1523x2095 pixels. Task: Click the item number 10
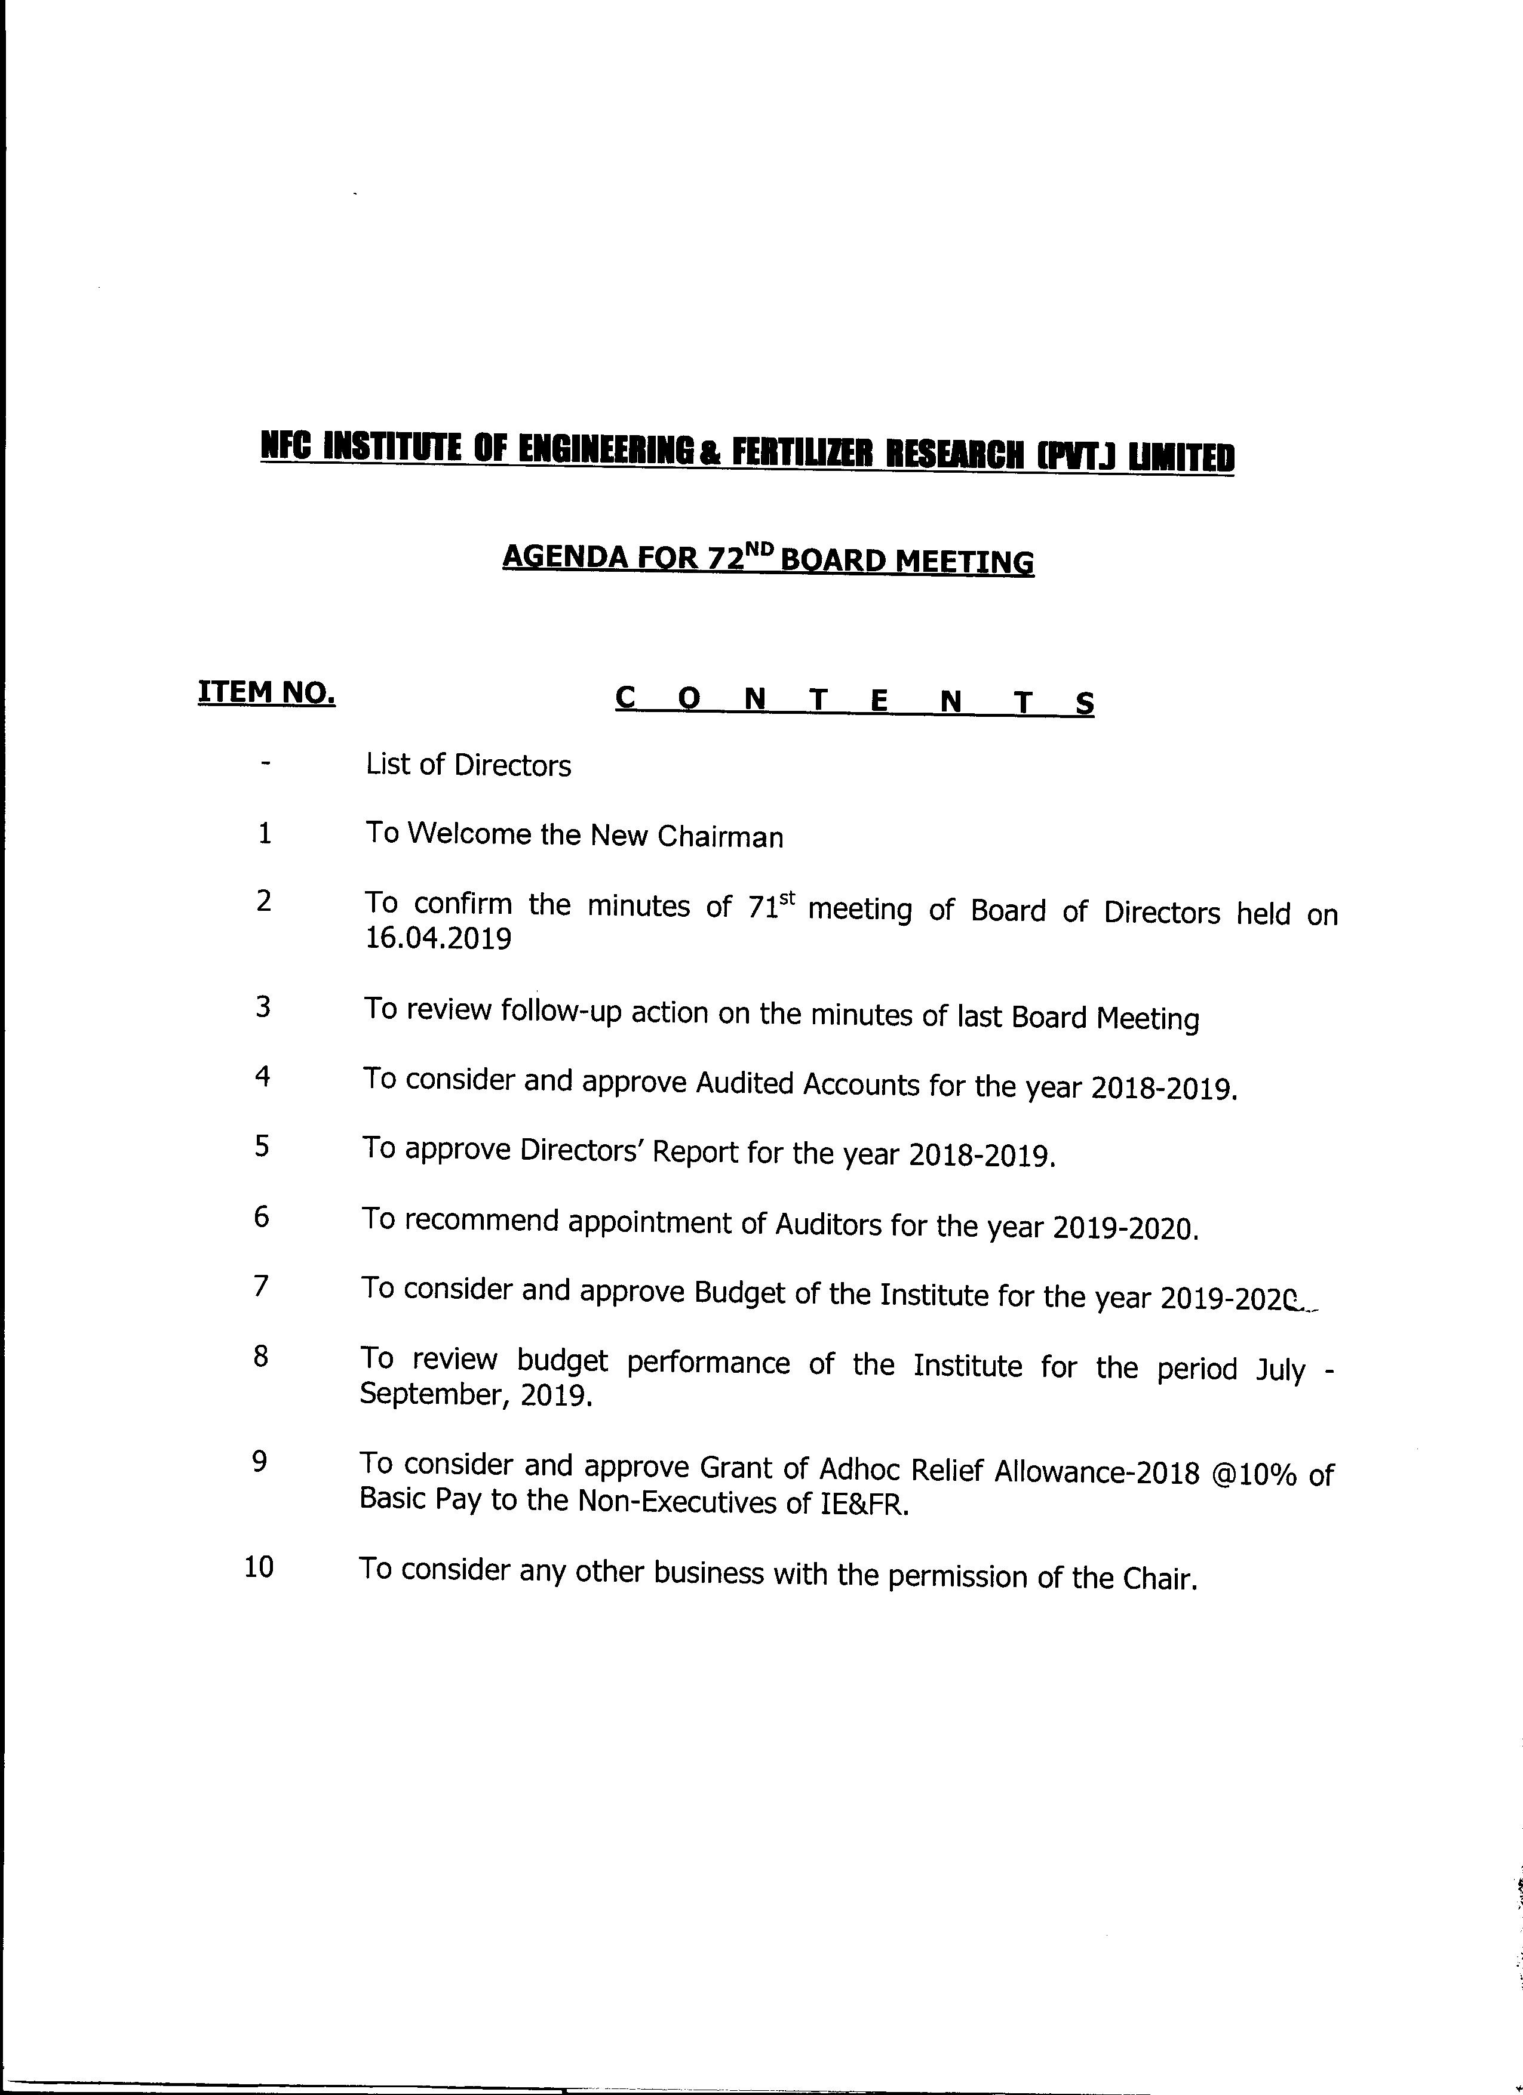pyautogui.click(x=259, y=1567)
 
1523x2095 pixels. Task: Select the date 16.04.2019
pyautogui.click(x=438, y=939)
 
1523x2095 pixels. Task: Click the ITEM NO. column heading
pyautogui.click(x=266, y=692)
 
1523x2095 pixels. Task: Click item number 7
pyautogui.click(x=262, y=1286)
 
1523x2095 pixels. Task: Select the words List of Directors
pyautogui.click(x=468, y=766)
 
